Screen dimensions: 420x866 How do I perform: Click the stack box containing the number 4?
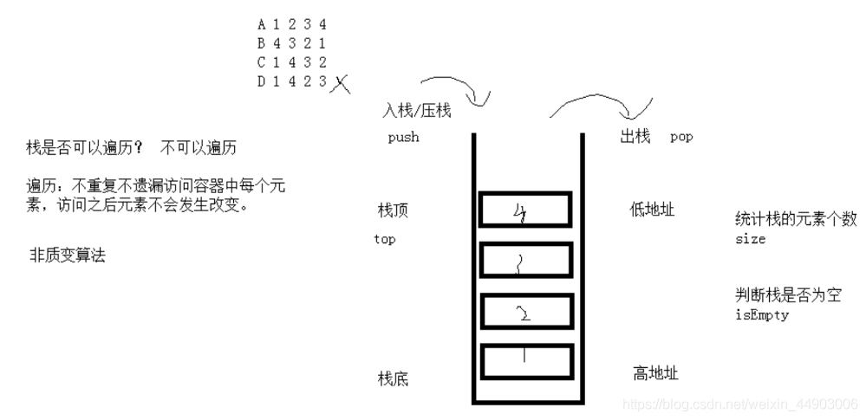click(526, 210)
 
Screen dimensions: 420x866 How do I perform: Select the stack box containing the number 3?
click(526, 260)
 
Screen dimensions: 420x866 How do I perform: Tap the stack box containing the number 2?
click(526, 310)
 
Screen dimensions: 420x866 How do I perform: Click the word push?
click(403, 137)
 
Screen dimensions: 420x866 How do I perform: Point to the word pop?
click(681, 137)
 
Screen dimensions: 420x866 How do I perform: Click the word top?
click(384, 239)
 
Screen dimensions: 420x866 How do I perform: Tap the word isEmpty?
click(756, 315)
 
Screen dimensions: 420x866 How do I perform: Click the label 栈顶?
click(392, 210)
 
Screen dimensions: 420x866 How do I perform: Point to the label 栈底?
click(393, 378)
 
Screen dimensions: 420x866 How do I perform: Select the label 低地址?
click(652, 210)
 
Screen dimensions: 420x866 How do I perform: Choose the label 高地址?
click(655, 374)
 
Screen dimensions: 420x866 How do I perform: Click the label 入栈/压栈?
click(416, 112)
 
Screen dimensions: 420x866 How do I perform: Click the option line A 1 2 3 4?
click(291, 25)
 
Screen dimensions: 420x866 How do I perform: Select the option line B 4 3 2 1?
click(291, 43)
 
